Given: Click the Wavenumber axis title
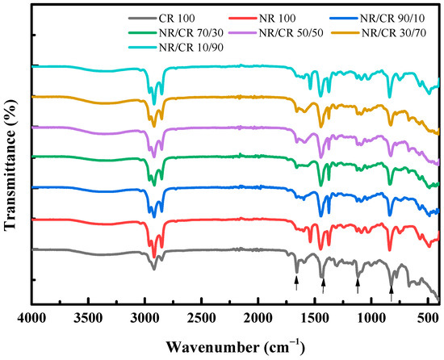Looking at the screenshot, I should click(235, 347).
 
